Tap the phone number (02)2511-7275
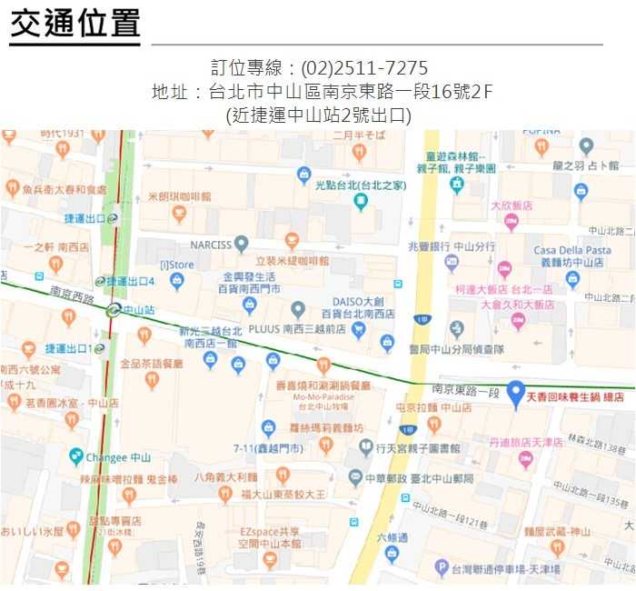click(x=364, y=68)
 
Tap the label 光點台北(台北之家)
click(x=361, y=185)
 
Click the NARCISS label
click(x=212, y=245)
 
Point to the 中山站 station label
click(x=138, y=310)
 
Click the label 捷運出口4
click(x=131, y=281)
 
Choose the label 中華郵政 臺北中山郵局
click(x=419, y=478)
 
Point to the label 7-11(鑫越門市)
click(x=268, y=447)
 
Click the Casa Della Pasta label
click(x=572, y=250)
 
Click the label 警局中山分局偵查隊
click(x=456, y=349)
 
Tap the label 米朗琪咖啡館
click(x=180, y=195)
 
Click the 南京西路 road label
click(x=72, y=295)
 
